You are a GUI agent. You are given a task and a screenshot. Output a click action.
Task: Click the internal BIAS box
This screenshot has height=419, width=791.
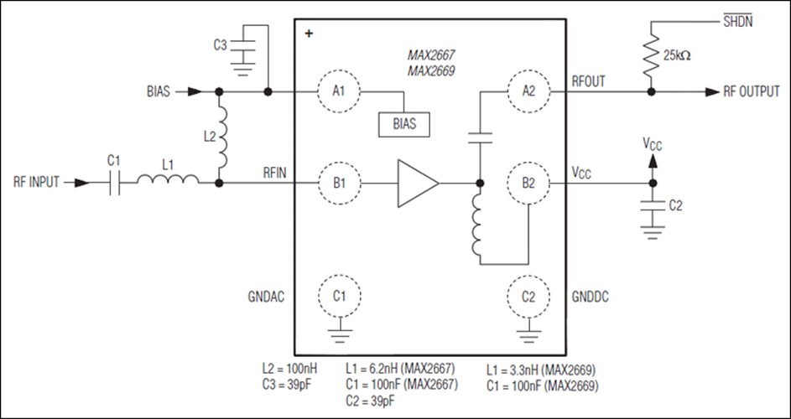pyautogui.click(x=404, y=124)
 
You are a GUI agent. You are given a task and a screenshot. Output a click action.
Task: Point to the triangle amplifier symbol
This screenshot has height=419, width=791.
pyautogui.click(x=418, y=183)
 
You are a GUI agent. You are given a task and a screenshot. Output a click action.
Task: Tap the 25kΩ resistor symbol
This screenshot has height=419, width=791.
pyautogui.click(x=651, y=54)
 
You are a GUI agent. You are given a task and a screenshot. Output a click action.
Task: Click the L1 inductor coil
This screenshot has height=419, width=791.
pyautogui.click(x=168, y=178)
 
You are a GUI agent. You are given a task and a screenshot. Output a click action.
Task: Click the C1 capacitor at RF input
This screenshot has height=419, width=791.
pyautogui.click(x=115, y=183)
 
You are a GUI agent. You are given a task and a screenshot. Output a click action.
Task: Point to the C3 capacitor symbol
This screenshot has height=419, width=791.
pyautogui.click(x=243, y=45)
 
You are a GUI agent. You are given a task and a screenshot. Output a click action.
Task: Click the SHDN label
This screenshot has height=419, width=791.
pyautogui.click(x=737, y=21)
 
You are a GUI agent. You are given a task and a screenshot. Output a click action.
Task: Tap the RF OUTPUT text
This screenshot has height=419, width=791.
pyautogui.click(x=752, y=91)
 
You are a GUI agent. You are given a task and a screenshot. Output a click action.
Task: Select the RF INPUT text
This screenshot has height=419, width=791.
pyautogui.click(x=36, y=182)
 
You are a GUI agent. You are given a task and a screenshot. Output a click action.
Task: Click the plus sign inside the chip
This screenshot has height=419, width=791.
pyautogui.click(x=309, y=34)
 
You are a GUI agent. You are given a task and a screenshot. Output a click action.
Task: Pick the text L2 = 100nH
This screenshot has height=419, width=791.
pyautogui.click(x=289, y=368)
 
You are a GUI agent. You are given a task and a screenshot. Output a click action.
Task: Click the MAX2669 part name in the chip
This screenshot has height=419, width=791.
pyautogui.click(x=431, y=71)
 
